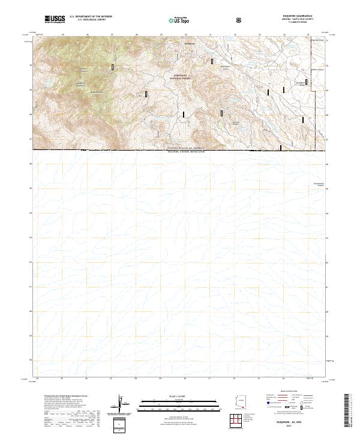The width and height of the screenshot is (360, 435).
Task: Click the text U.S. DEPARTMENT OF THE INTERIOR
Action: click(x=91, y=17)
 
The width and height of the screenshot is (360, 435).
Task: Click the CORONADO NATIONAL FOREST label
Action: click(x=179, y=77)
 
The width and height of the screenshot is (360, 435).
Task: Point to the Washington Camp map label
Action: click(x=223, y=67)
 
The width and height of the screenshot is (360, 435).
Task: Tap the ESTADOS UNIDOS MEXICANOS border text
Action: click(x=186, y=152)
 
